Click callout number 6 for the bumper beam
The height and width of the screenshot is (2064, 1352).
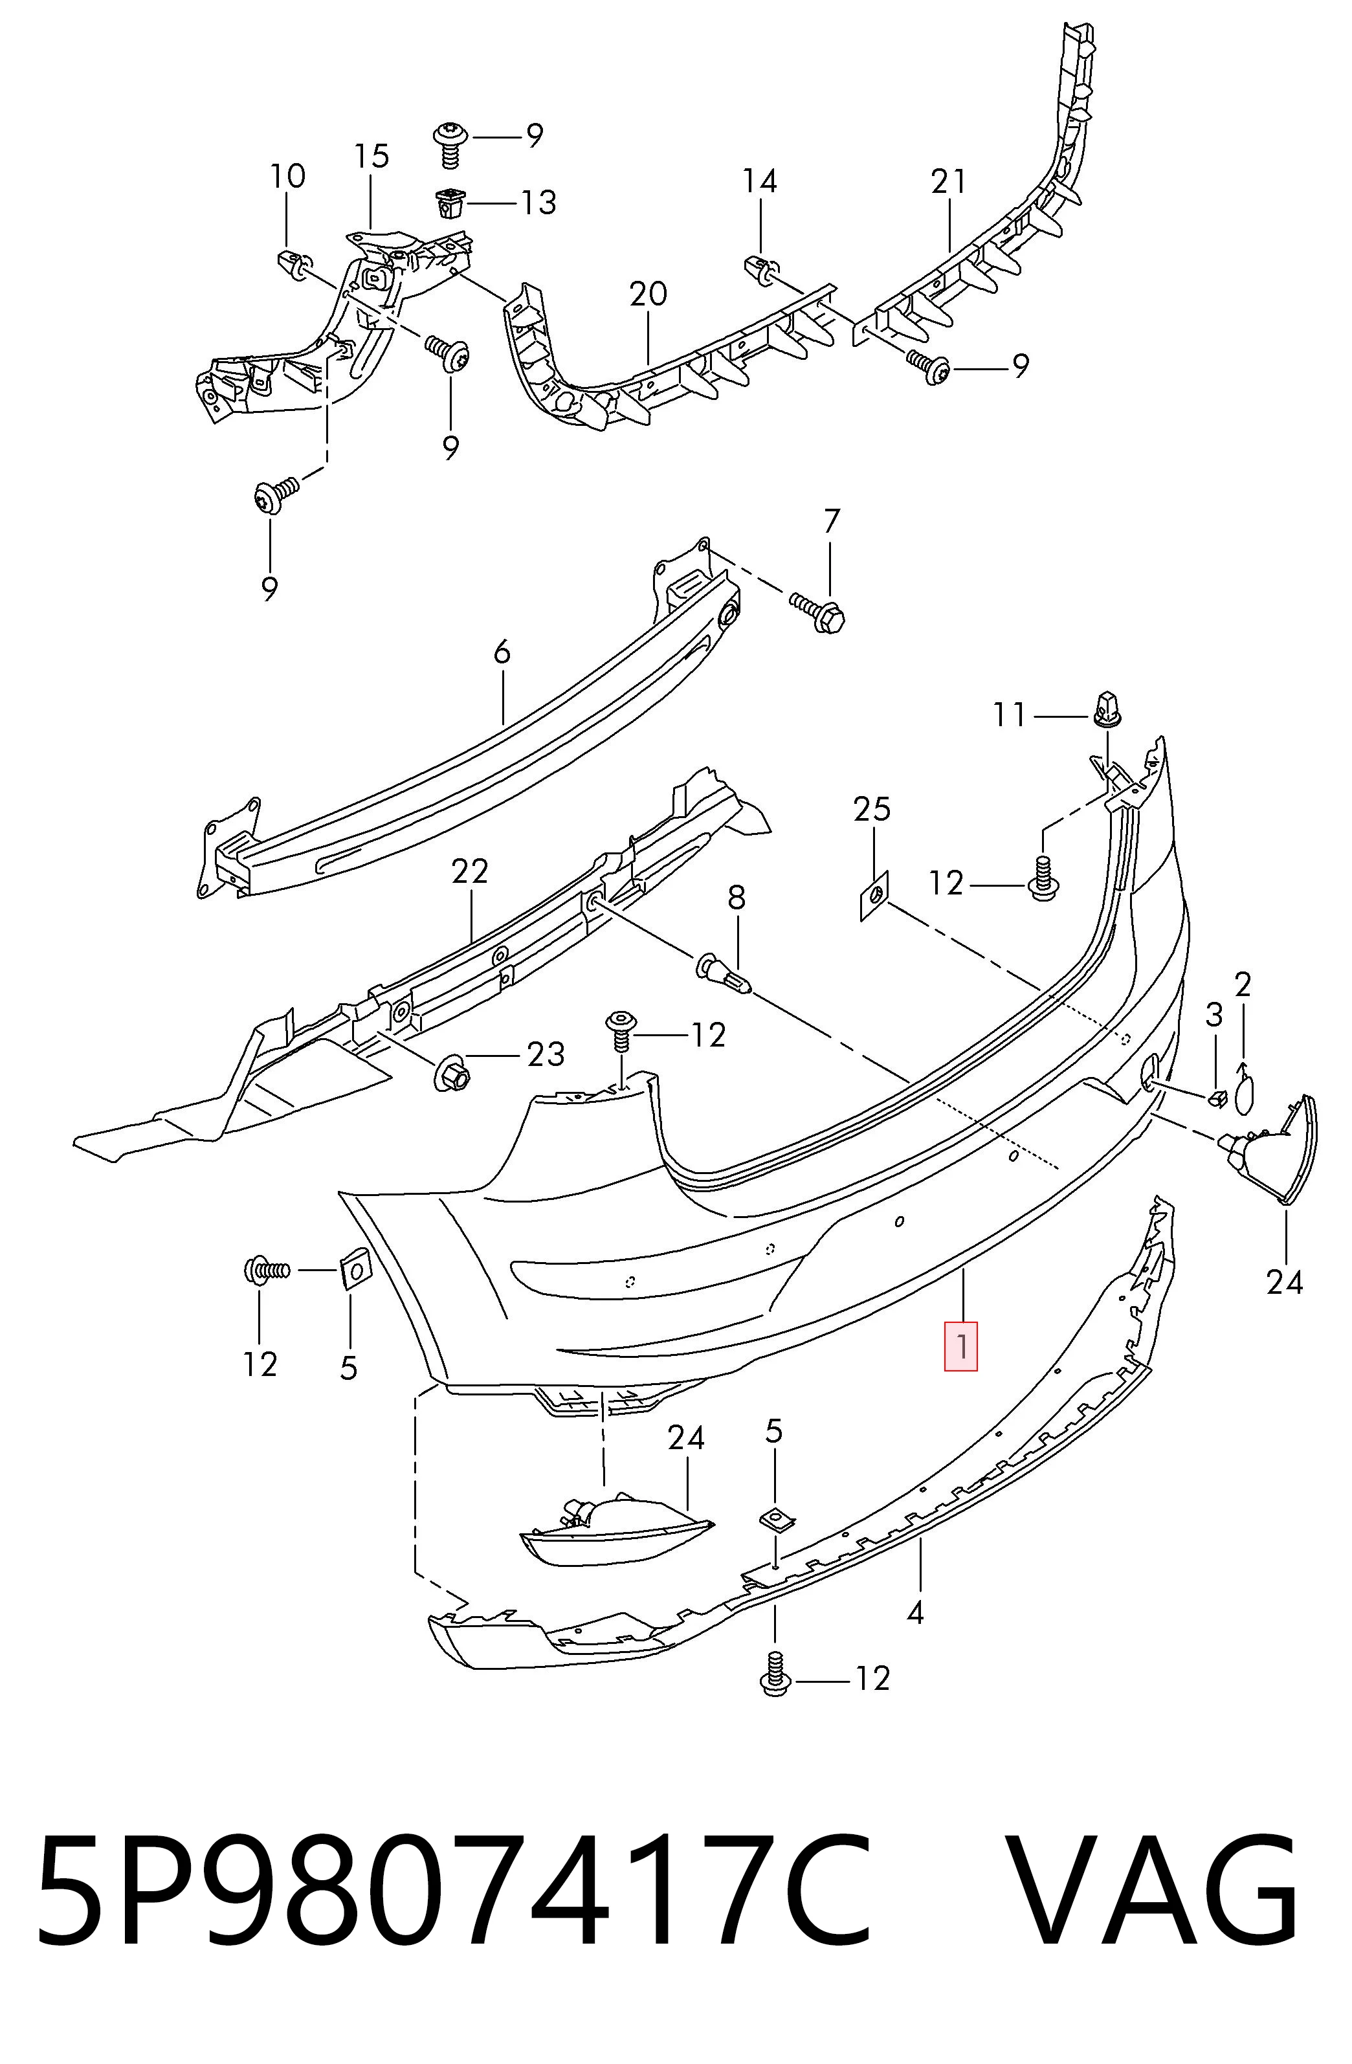pos(502,652)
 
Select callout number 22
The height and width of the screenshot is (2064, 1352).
pos(470,871)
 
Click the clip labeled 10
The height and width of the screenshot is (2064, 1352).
pos(295,260)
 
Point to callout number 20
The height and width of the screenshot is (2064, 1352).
pos(648,294)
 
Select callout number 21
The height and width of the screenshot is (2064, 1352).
pos(948,181)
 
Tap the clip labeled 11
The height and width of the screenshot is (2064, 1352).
pos(1107,710)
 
